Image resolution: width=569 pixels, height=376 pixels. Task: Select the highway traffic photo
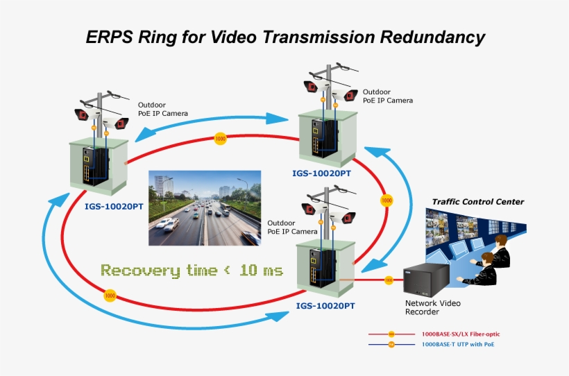(205, 208)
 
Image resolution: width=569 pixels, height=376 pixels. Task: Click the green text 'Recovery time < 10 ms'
(192, 270)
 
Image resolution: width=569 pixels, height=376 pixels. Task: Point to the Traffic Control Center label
(478, 202)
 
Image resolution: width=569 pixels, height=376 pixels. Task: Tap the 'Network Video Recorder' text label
(432, 307)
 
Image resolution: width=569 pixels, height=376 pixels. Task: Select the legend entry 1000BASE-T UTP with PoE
(459, 344)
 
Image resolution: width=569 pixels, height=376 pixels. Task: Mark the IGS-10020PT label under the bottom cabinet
(325, 305)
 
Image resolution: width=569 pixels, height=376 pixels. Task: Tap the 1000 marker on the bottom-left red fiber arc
(110, 296)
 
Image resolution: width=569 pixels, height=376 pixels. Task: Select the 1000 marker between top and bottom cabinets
(387, 200)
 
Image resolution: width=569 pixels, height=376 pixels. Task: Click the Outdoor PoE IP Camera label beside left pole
(162, 109)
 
